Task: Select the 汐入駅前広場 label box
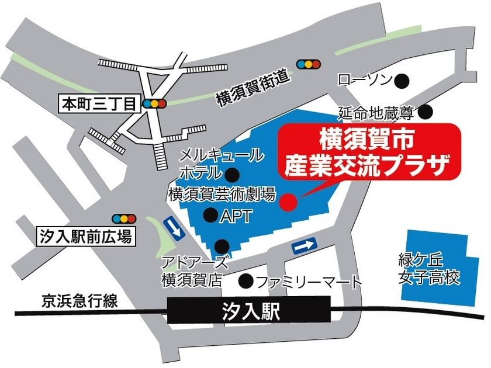point(85,236)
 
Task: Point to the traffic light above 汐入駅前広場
point(125,218)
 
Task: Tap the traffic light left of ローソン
point(309,64)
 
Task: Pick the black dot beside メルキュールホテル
point(233,173)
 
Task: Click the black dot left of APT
point(210,216)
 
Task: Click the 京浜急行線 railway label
point(79,302)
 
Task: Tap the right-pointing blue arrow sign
point(305,247)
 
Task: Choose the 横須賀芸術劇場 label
point(222,195)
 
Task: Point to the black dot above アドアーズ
point(222,245)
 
